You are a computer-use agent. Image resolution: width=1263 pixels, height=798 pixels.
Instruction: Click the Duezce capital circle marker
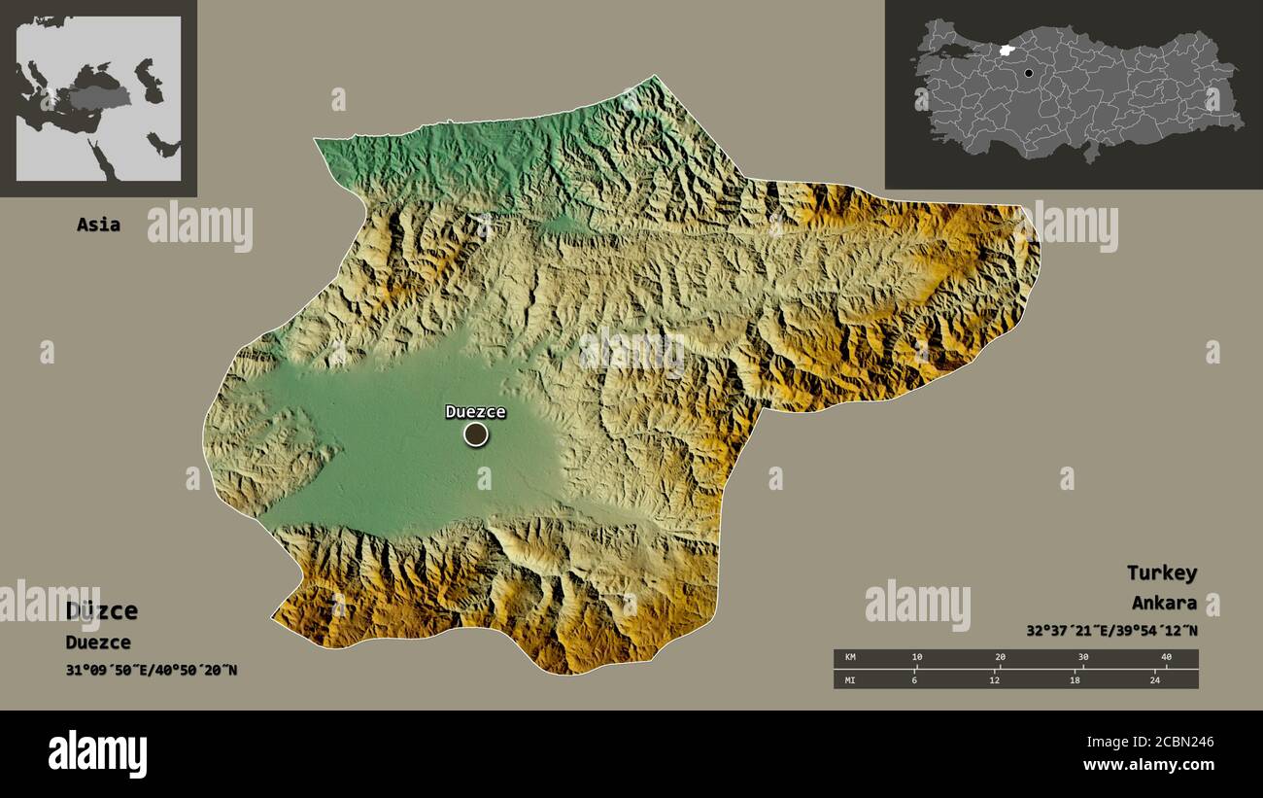click(x=475, y=434)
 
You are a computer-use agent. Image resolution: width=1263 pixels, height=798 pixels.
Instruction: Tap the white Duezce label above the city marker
click(x=475, y=411)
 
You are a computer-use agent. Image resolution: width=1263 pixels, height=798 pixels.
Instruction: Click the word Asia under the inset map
click(x=98, y=225)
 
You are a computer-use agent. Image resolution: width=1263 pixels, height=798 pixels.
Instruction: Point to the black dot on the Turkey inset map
click(x=1028, y=72)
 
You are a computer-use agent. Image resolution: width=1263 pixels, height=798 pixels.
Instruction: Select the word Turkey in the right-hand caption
click(x=1161, y=572)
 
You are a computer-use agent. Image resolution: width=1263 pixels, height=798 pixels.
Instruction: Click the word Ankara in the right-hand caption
click(x=1163, y=603)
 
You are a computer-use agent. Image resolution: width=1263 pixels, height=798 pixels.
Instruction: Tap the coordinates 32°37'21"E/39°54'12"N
click(x=1111, y=630)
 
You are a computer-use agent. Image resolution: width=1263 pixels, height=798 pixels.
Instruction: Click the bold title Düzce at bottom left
click(x=102, y=611)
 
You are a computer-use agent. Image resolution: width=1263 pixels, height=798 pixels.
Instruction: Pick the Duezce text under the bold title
click(x=97, y=642)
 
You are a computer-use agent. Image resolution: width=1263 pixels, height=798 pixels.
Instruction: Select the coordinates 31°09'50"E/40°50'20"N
click(x=152, y=670)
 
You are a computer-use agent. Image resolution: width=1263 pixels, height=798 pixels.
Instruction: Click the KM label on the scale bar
click(x=850, y=658)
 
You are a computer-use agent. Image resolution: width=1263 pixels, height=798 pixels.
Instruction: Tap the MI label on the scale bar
click(x=850, y=678)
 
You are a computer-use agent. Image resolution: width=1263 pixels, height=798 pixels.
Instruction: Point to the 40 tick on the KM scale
click(x=1166, y=658)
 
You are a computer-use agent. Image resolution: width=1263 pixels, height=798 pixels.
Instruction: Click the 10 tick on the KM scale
click(x=916, y=658)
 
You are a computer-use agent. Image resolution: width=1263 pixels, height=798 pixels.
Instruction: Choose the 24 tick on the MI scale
click(x=1154, y=678)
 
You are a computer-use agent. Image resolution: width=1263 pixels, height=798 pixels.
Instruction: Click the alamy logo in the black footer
click(x=97, y=754)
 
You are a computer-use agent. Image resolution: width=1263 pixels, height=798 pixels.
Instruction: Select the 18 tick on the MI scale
click(x=1074, y=678)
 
